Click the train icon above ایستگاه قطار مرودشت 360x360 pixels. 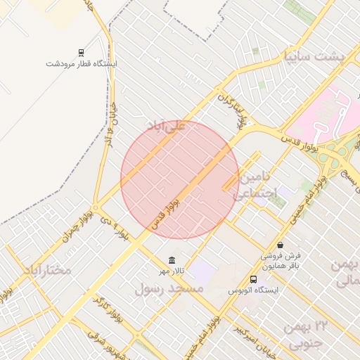(x=82, y=53)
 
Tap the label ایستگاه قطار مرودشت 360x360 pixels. (x=82, y=63)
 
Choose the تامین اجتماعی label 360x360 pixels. (x=257, y=185)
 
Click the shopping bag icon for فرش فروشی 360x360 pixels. (x=281, y=245)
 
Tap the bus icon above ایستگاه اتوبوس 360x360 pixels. (x=253, y=279)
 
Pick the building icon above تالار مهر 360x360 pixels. (x=172, y=260)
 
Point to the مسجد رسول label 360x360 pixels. (x=169, y=288)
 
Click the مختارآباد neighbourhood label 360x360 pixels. (x=47, y=269)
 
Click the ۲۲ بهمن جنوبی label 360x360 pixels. (x=307, y=335)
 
